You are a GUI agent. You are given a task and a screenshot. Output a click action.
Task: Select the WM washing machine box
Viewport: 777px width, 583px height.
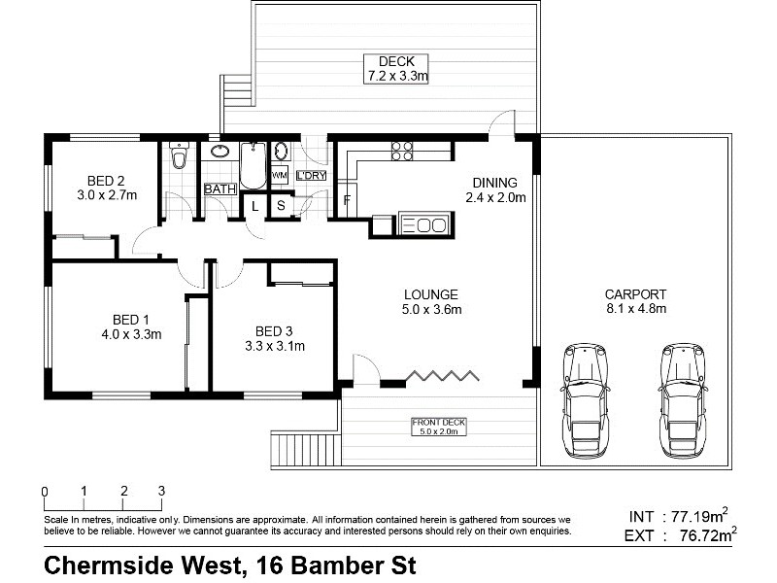pos(280,175)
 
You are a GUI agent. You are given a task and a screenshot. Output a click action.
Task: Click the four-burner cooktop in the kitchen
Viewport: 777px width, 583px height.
pos(402,151)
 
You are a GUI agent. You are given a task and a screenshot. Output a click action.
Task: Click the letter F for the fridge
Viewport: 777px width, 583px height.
pos(347,202)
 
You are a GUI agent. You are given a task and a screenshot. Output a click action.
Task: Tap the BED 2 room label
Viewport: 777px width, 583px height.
pos(106,181)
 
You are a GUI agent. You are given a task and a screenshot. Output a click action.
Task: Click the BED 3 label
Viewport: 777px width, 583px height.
pos(275,329)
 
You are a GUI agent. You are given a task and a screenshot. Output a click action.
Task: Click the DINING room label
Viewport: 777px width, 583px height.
pos(494,182)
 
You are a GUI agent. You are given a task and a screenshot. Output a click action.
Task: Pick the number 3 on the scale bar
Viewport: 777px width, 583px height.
pos(161,491)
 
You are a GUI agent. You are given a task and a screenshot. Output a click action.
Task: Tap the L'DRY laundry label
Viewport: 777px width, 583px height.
pos(311,175)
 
